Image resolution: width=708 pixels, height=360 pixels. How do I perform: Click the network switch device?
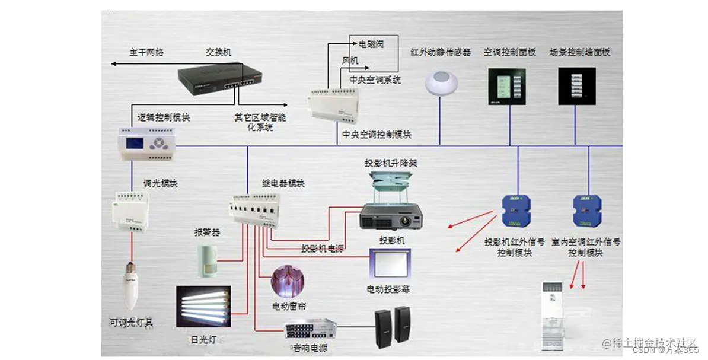click(220, 77)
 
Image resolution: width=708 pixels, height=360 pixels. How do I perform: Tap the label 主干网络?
click(146, 52)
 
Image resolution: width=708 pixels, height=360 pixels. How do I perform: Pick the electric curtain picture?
click(288, 282)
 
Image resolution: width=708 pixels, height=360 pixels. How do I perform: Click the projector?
click(391, 216)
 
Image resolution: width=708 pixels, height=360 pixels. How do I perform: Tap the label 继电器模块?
click(283, 183)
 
